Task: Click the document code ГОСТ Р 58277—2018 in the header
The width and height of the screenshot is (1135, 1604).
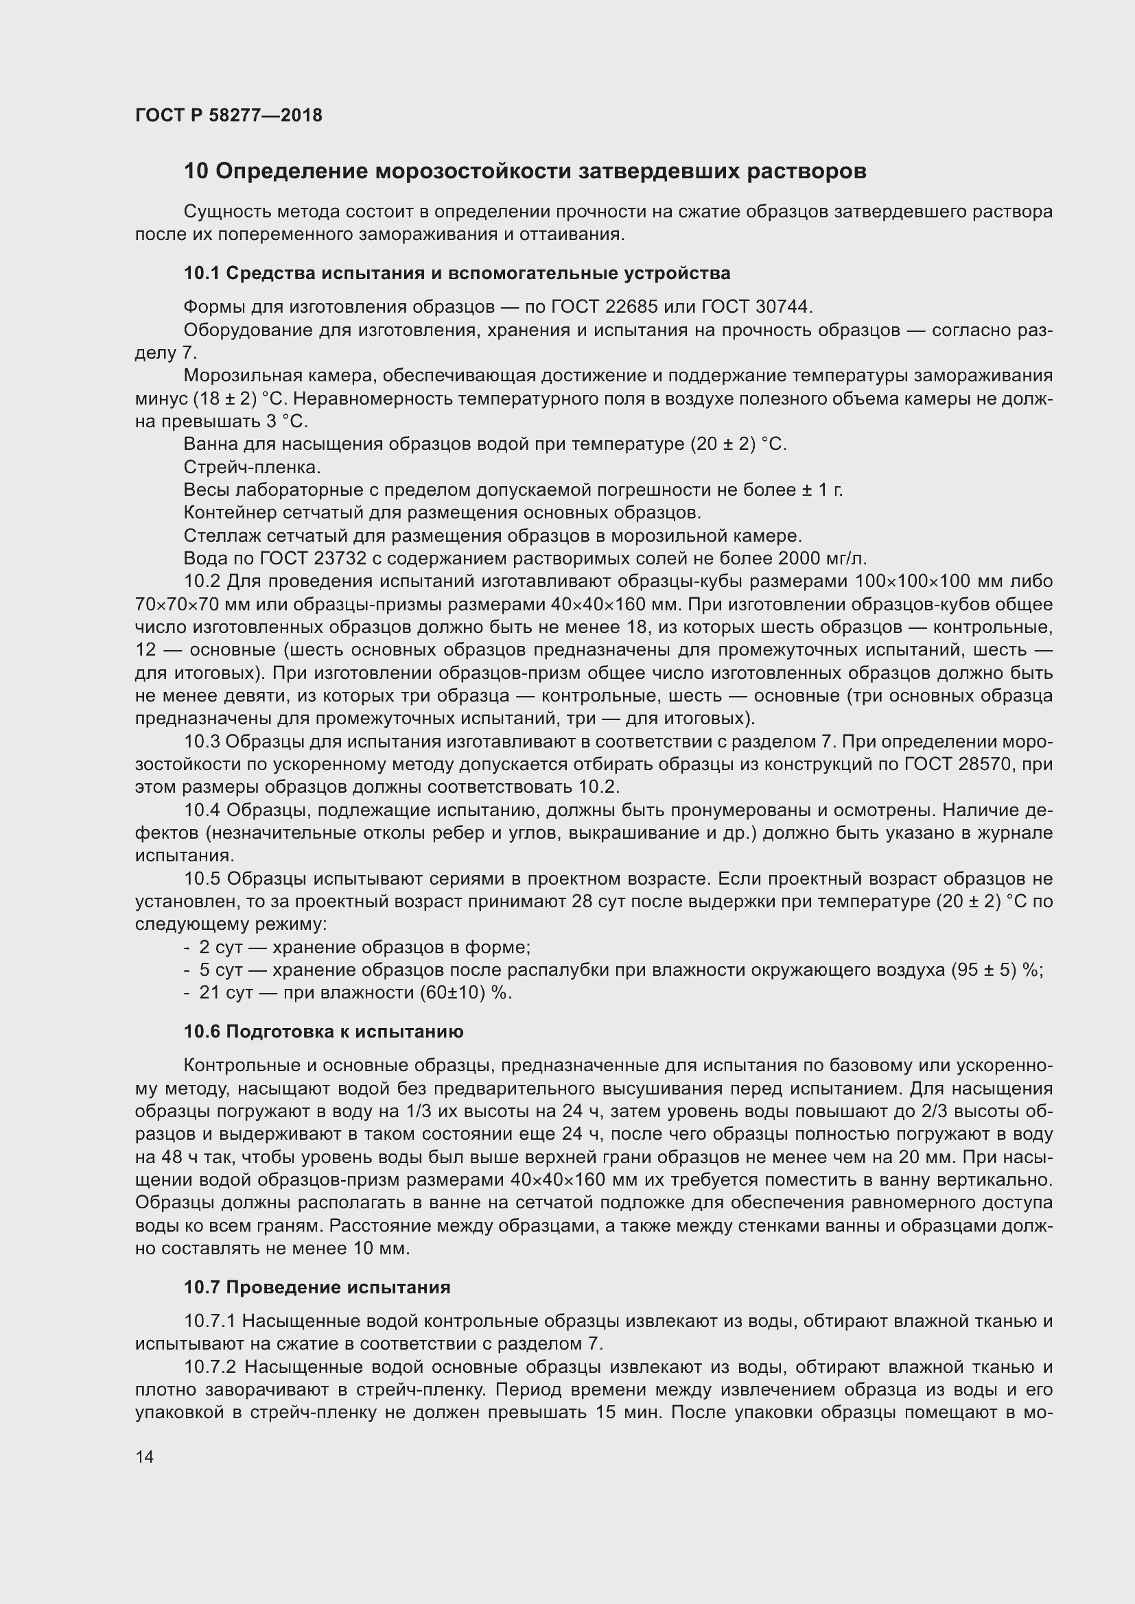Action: point(229,116)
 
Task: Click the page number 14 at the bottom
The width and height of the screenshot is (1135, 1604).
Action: point(145,1457)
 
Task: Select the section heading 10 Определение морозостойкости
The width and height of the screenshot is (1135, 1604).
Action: point(524,171)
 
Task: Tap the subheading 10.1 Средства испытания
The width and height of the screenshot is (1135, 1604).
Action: point(456,273)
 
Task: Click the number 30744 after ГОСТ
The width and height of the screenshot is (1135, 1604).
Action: point(781,307)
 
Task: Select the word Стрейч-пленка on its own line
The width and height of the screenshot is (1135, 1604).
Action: point(252,467)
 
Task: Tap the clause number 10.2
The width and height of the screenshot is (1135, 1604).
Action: point(202,582)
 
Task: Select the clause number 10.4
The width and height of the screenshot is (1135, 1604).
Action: point(202,811)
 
